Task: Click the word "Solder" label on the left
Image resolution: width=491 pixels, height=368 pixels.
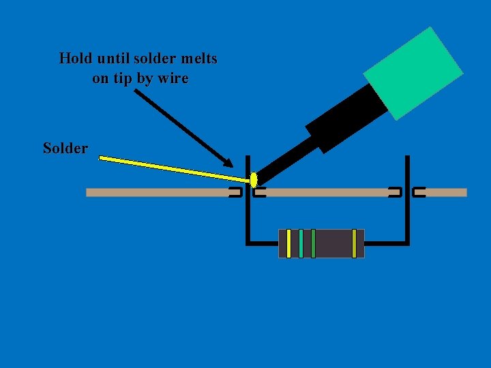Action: pos(65,148)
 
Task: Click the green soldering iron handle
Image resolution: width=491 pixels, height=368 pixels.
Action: pos(413,73)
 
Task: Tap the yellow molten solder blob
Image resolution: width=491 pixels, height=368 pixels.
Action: pos(254,180)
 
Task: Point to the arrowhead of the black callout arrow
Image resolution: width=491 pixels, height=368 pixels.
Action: pos(230,164)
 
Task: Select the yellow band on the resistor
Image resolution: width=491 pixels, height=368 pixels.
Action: pos(288,243)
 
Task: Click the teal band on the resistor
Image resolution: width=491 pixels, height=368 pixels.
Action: pos(301,243)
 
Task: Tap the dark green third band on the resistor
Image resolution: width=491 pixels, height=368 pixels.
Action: pos(313,243)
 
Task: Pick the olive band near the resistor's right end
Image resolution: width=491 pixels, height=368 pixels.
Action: pos(354,243)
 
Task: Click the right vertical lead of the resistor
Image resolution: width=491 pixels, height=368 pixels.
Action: pos(407,204)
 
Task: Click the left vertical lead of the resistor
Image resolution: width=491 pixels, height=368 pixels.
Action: pos(247,211)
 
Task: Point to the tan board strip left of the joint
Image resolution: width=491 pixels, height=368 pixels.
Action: pos(157,193)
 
